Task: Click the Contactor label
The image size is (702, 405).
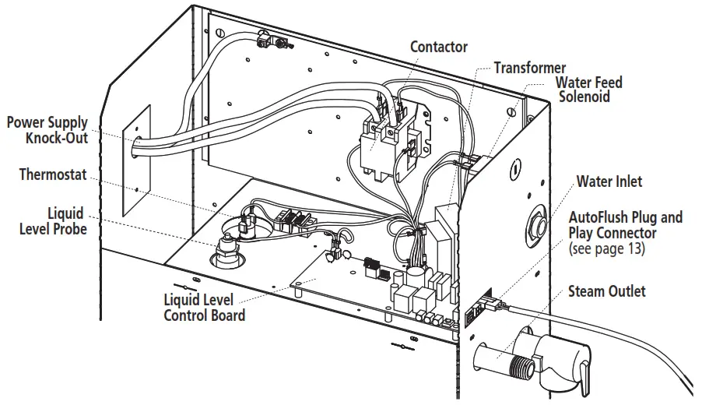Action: [439, 47]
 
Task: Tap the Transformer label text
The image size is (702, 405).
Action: [530, 69]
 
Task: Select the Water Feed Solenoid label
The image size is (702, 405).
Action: [588, 90]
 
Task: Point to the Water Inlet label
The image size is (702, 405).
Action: [609, 181]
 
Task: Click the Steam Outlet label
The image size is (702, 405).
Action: [607, 291]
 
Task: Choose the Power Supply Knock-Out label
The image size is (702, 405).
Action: [47, 131]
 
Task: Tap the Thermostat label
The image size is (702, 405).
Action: [54, 174]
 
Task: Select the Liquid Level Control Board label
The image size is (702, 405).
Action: [204, 308]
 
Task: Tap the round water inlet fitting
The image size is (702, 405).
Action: [535, 223]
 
